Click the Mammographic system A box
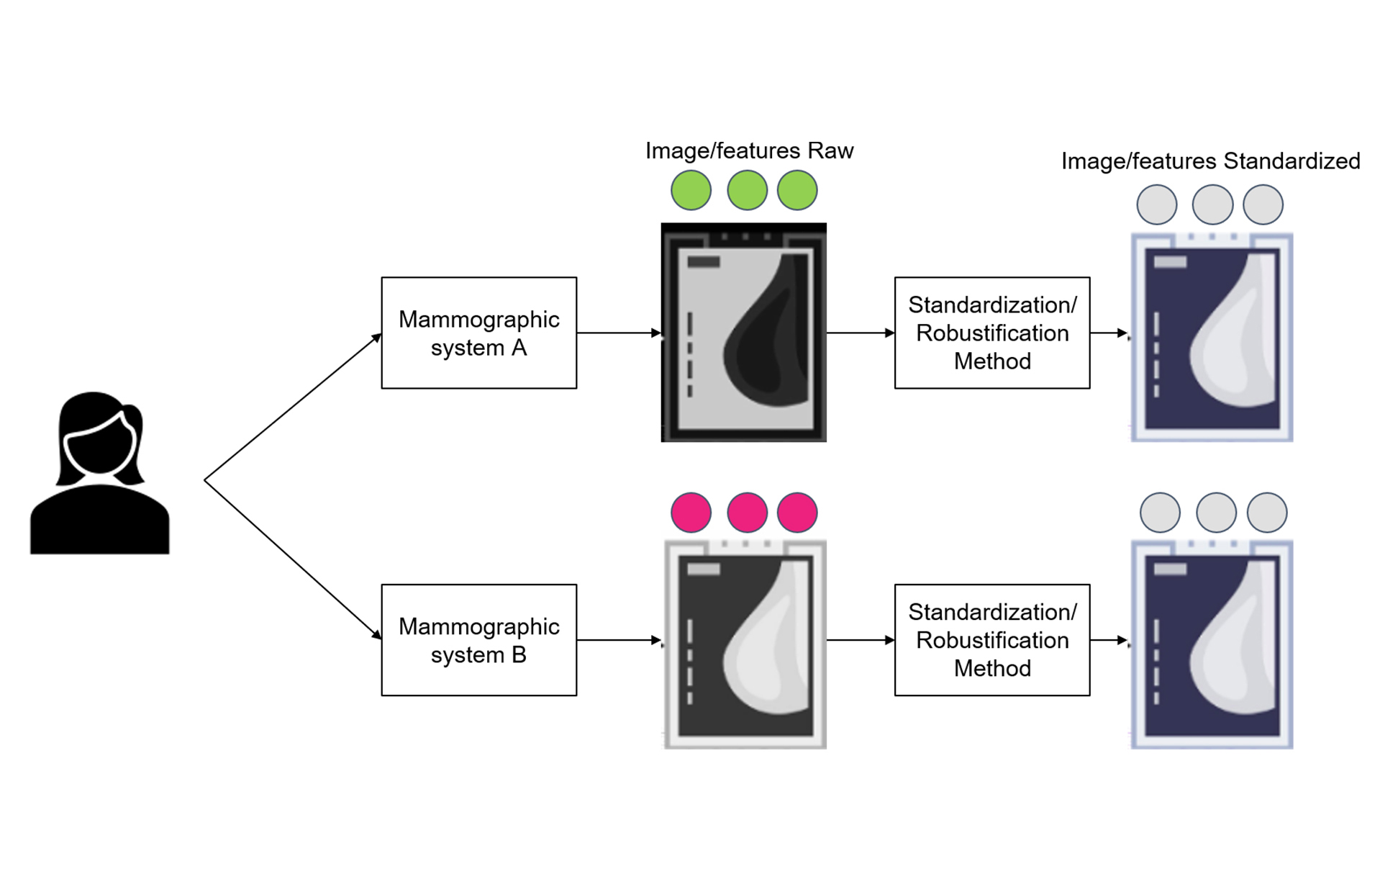click(x=478, y=333)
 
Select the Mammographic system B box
click(x=478, y=640)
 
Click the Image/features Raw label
click(x=749, y=150)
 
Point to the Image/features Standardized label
click(x=1210, y=161)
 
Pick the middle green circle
click(x=747, y=190)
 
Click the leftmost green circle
click(x=691, y=190)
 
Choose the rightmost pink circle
click(x=797, y=513)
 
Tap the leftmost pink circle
click(x=691, y=513)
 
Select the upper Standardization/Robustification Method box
click(x=991, y=333)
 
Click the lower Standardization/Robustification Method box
click(x=991, y=640)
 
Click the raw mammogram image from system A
click(x=743, y=333)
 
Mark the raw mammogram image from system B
click(x=745, y=644)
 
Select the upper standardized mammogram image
click(x=1212, y=337)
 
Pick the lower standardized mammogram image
click(x=1212, y=644)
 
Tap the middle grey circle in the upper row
click(x=1212, y=204)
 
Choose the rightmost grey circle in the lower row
click(x=1266, y=513)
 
